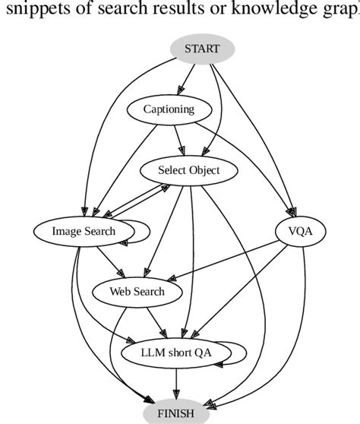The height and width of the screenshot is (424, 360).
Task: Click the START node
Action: tap(201, 49)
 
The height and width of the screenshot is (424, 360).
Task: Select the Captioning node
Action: tap(169, 109)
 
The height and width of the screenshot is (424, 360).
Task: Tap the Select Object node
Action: tap(188, 170)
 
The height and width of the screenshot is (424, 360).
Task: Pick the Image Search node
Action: tap(84, 231)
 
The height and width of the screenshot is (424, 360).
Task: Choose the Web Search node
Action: tap(137, 291)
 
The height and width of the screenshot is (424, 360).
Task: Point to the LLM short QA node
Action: tap(177, 352)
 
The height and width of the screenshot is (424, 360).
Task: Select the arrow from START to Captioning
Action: tap(186, 79)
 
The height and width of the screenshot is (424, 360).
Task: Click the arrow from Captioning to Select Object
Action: tap(178, 140)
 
